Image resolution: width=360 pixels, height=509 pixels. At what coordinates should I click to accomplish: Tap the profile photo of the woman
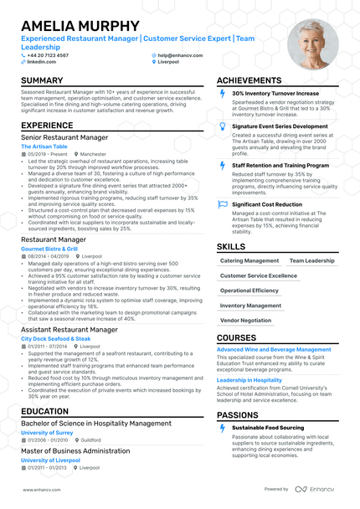[x=311, y=44]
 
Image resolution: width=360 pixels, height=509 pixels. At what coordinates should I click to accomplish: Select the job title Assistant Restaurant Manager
[x=69, y=330]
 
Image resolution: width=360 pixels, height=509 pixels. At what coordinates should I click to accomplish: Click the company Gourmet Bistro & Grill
[x=49, y=249]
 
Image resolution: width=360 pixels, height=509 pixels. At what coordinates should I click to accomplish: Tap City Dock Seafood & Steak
[x=56, y=338]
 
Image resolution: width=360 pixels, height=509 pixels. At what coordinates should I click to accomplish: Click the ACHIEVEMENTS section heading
[x=255, y=81]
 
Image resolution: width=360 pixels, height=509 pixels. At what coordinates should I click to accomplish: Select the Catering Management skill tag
[x=249, y=260]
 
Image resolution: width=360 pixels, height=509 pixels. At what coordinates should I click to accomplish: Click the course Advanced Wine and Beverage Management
[x=274, y=349]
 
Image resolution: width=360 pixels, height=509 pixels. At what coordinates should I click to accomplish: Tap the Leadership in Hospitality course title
[x=249, y=380]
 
